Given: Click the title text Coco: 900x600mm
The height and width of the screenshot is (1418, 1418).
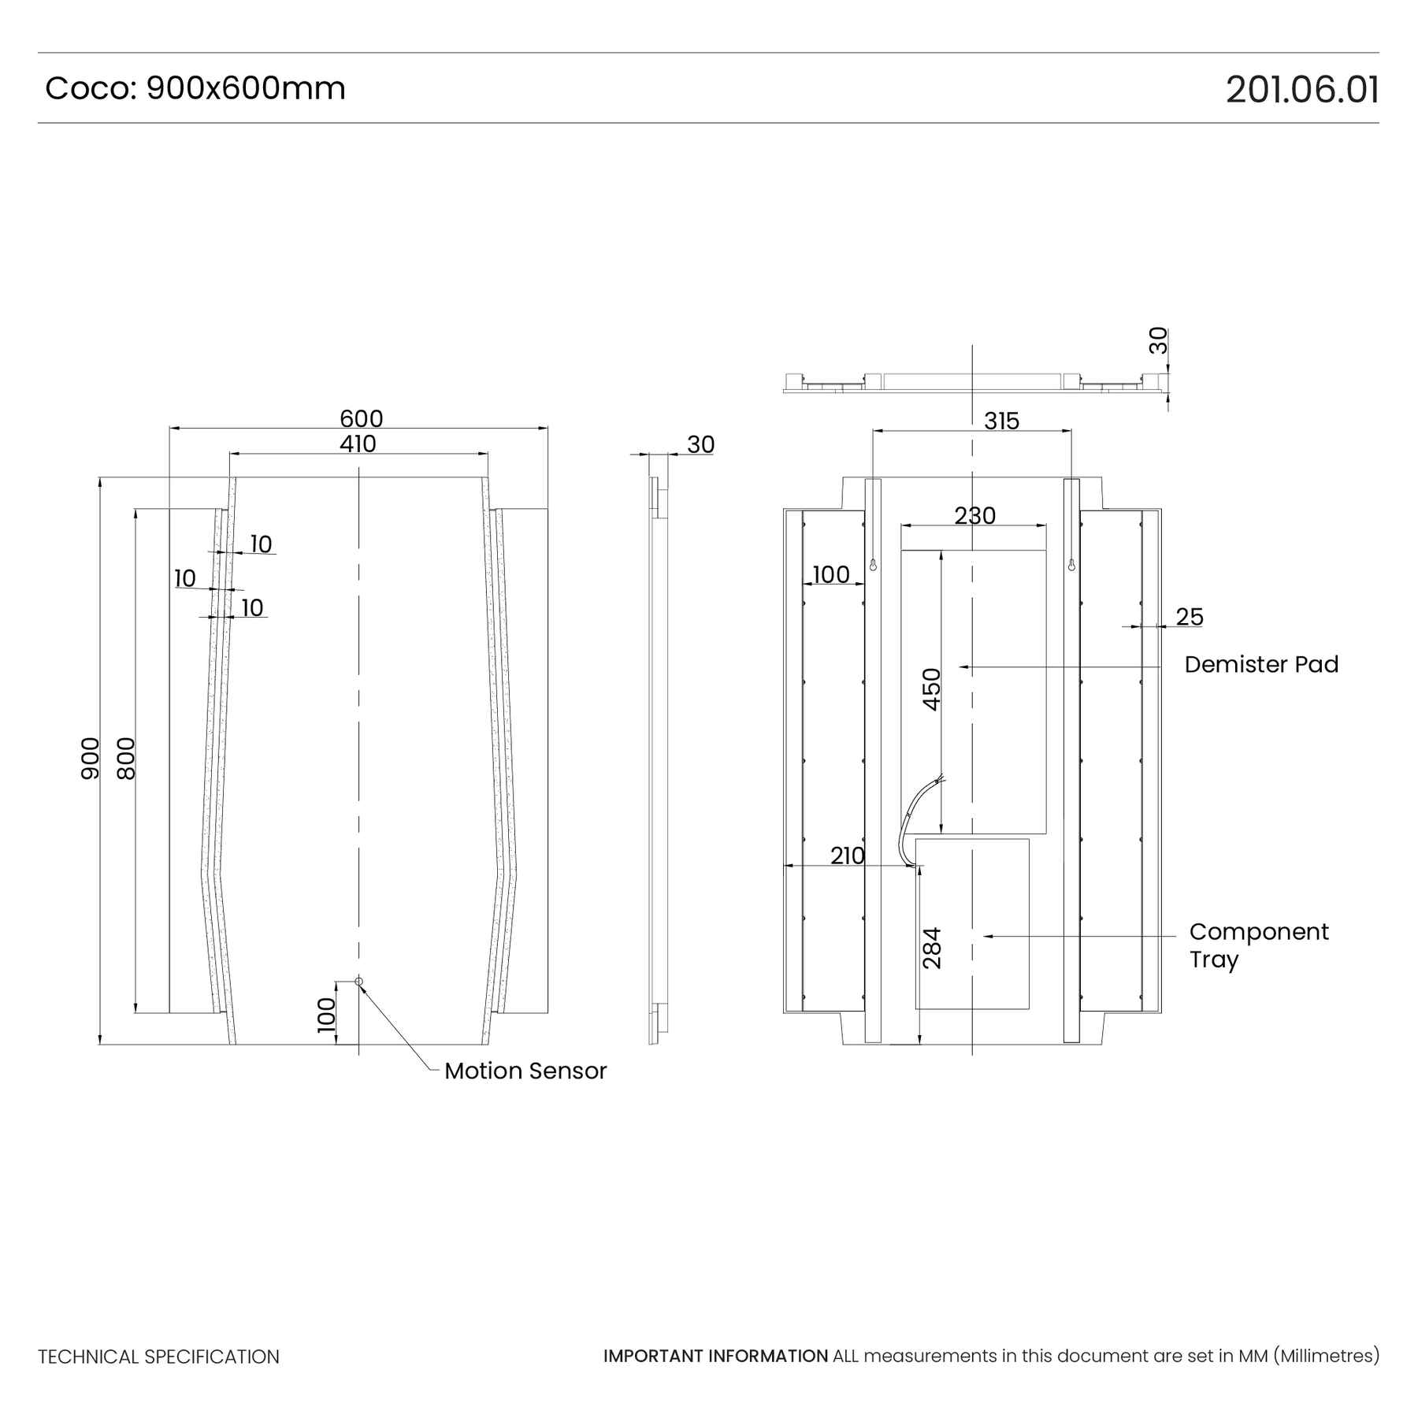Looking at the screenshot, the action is pos(195,88).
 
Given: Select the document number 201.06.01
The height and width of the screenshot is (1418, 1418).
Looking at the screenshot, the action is pos(1302,89).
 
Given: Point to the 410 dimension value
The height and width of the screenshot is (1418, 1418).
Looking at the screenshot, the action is pos(358,444).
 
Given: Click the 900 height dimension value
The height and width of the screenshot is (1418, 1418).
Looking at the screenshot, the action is pos(91,759).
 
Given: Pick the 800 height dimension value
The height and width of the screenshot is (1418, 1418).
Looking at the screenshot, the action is pos(126,759).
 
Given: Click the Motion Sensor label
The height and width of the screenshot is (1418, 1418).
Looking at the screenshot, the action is pos(525,1071).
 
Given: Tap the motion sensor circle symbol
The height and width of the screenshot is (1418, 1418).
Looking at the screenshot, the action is pos(359,981).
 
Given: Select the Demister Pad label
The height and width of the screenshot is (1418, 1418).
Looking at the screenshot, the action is pos(1261,664).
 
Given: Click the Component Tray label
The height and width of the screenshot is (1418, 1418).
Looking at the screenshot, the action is pos(1259,945).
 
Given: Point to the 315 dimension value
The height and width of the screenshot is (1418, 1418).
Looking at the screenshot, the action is pos(1001,421).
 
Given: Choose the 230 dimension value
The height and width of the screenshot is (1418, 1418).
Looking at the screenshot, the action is pos(975,515).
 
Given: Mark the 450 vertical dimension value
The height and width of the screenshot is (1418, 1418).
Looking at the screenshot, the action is pos(932,689).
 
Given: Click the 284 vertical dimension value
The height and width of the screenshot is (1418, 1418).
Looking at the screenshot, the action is pos(932,948).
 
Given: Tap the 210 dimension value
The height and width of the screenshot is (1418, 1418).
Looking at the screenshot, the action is pos(848,856).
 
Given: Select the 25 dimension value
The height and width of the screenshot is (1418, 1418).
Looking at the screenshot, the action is pos(1190,617).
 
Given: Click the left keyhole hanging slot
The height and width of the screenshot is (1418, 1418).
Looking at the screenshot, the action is pos(873,564).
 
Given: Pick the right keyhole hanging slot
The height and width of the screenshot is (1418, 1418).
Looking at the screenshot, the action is pos(1071,564).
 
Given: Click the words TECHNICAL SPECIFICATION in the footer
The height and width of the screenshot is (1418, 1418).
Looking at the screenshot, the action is pos(158,1357).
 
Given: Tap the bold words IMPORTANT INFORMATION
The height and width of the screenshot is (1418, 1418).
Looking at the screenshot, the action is pos(715,1356).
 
